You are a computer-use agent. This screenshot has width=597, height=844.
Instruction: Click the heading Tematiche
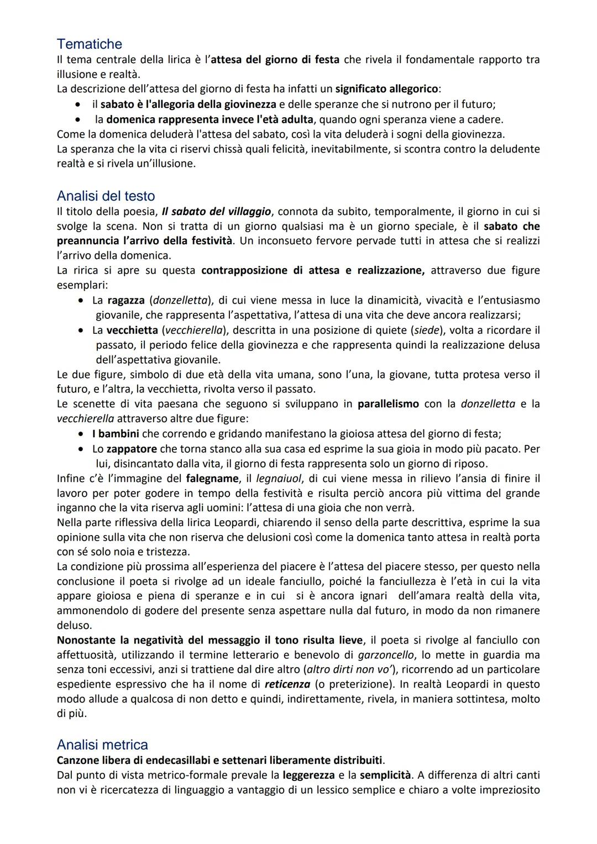click(89, 44)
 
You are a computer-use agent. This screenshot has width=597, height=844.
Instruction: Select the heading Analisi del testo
click(106, 196)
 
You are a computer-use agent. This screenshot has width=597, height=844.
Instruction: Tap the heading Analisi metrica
click(102, 745)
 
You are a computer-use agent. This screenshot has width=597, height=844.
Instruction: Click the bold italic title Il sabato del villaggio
click(216, 212)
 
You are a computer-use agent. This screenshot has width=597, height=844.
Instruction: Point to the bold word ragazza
click(126, 300)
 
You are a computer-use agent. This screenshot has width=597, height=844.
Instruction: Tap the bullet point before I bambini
click(81, 434)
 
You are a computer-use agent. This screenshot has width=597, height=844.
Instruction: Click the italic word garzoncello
click(386, 655)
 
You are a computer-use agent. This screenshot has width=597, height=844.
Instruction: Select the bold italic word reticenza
click(287, 684)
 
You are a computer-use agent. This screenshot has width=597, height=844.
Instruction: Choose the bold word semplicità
click(385, 775)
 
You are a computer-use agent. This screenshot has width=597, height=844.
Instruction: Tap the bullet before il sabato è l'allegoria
click(81, 104)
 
